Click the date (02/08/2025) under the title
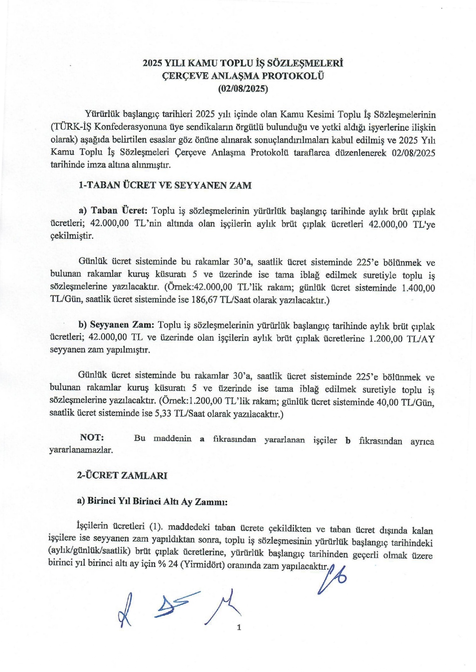coord(243,89)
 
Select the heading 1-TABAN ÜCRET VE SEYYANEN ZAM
coord(165,185)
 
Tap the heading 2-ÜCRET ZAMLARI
coord(122,475)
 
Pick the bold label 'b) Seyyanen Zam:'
coord(116,325)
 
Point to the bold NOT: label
coord(92,438)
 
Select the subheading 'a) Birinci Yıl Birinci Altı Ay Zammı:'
coord(152,502)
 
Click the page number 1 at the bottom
coord(239,627)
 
